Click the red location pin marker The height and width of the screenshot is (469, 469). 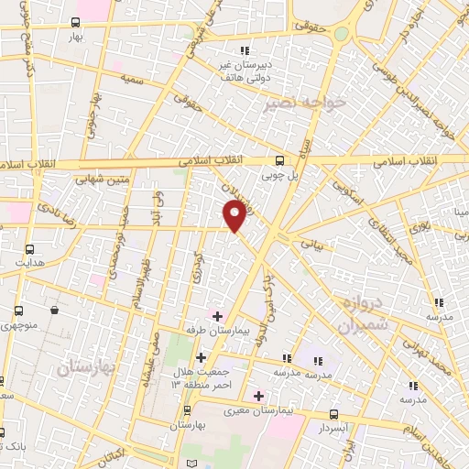[234, 216]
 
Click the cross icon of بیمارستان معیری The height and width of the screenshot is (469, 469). [258, 397]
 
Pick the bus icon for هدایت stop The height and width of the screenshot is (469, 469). [29, 249]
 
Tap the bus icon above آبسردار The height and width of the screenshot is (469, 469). [333, 414]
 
